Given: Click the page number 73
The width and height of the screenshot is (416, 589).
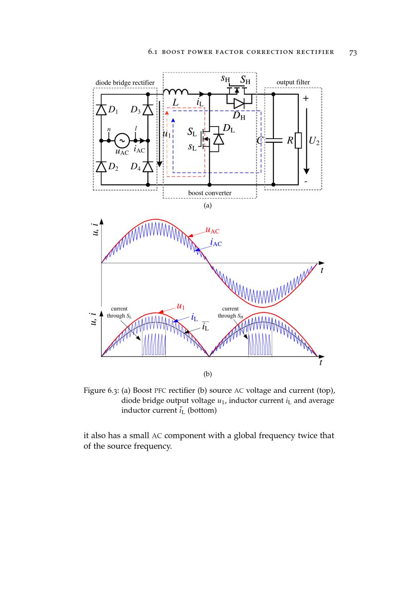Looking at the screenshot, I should coord(353,52).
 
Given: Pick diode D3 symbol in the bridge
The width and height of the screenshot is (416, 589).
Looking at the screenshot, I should coord(148,110).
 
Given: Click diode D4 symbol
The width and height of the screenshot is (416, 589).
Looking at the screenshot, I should coord(148,167).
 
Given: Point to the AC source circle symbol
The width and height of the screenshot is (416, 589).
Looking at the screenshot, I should coord(122,141).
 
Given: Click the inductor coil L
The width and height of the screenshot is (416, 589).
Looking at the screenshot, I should coord(176,92).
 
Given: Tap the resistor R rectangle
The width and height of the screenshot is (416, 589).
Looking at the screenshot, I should coord(298,140).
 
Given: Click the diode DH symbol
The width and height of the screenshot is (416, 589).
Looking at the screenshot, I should coord(239,103).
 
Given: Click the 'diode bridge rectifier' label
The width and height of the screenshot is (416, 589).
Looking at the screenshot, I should coord(125,82).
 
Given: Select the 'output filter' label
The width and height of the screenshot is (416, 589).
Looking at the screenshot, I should coord(293,82).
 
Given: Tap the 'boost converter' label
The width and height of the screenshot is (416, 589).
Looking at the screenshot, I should coord(210,193).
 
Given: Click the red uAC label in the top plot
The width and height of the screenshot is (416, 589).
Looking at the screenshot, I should coord(212,230).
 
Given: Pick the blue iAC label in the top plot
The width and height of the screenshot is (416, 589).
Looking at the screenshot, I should coord(216,243).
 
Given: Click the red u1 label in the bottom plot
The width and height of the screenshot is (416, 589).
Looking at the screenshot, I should coord(181,307).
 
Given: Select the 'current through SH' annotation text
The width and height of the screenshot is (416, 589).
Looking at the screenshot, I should coord(230,312).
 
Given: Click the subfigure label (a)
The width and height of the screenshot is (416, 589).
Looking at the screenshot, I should coord(208,205).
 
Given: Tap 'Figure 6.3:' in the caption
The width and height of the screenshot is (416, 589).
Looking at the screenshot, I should coord(101,391).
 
